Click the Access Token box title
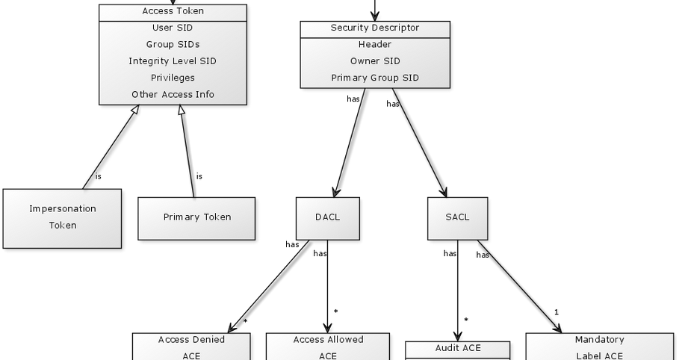pos(173,11)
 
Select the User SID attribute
pos(173,28)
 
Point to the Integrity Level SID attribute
pos(173,61)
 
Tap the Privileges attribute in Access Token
pos(173,78)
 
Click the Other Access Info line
pos(173,94)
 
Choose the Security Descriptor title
pos(375,28)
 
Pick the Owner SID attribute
pos(375,61)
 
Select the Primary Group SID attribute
pos(375,78)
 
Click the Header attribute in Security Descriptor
pos(375,45)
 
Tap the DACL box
pos(327,217)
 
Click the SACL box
pos(457,217)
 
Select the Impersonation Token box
pos(62,217)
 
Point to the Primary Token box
pos(196,217)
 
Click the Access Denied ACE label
pos(191,347)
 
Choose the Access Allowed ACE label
pos(328,347)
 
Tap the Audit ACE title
pos(457,348)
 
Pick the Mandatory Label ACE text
pos(599,347)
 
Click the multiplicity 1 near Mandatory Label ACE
pos(557,312)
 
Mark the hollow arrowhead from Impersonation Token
pos(134,111)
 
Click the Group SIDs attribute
pos(173,45)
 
